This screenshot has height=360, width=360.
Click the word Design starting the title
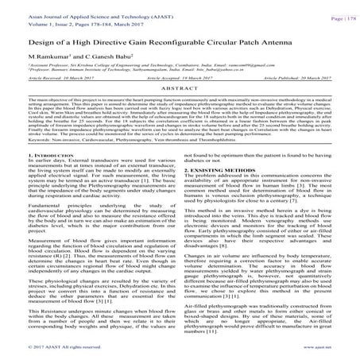click(x=25, y=41)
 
